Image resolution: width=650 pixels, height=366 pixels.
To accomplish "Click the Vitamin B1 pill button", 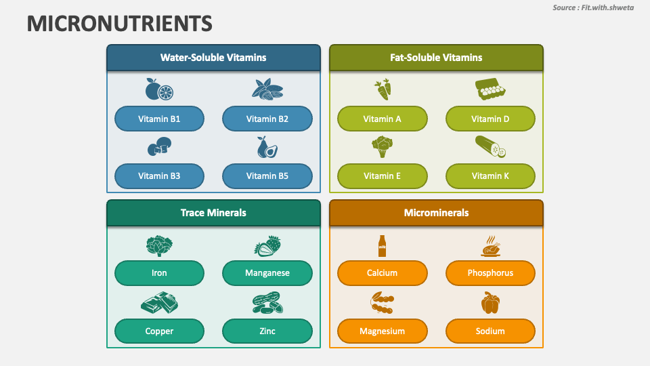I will pos(159,119).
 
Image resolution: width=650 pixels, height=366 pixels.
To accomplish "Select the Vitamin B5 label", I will pos(267,176).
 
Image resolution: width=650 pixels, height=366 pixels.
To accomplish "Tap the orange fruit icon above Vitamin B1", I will pos(159,89).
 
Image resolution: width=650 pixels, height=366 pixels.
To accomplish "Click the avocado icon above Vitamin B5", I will pos(266,147).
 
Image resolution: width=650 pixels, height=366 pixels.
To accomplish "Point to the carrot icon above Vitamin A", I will pos(383,89).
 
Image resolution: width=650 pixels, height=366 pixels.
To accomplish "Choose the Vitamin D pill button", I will pos(490,119).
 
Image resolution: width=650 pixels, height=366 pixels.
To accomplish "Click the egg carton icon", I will pos(491,89).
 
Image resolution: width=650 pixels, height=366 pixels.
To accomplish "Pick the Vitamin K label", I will pos(490,176).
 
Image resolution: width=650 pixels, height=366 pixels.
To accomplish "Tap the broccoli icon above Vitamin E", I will pos(382,146).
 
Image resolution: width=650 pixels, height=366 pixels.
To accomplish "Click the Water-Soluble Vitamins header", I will pos(213,58).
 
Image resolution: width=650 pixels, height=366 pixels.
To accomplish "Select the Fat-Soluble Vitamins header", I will pos(436,58).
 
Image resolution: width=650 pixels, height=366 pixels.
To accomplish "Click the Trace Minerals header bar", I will pos(213,213).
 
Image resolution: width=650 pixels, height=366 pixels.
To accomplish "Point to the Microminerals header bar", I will pos(436,213).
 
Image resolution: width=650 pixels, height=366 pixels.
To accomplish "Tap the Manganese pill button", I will pos(267,273).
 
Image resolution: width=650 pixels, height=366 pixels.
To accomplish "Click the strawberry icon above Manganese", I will pos(267,245).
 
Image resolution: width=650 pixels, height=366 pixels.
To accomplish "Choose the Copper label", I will pos(159,331).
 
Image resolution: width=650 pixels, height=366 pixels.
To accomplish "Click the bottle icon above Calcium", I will pos(382,245).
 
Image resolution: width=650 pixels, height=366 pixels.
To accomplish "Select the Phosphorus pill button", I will pos(490,273).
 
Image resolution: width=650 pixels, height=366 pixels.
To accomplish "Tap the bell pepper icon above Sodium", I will pos(490,303).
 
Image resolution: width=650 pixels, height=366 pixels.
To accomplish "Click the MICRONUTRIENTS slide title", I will pos(120,24).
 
